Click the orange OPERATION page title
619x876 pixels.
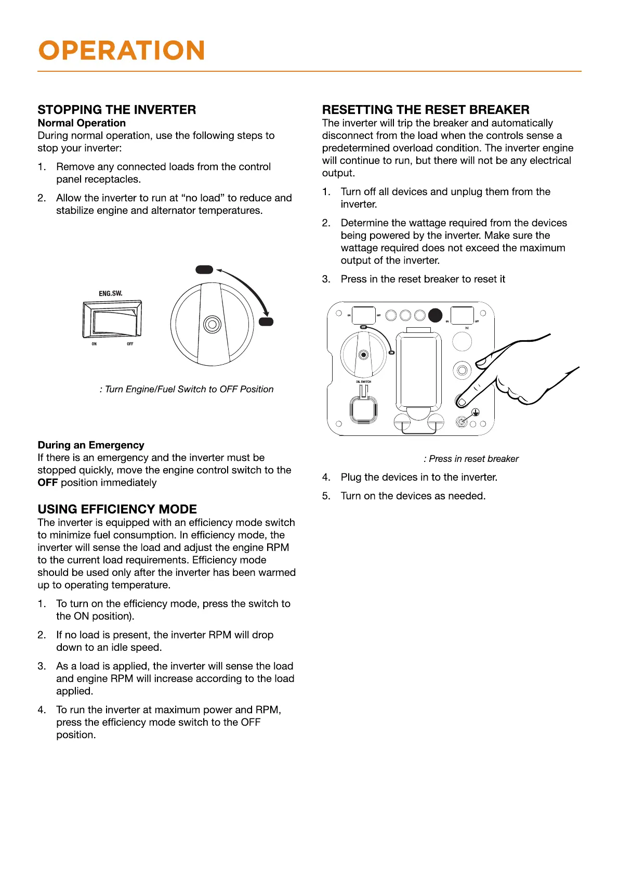coord(122,50)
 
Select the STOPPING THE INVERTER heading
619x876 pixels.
coord(116,110)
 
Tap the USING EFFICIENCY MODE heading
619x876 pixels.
coord(117,509)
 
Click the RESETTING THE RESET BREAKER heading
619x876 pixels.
coord(426,110)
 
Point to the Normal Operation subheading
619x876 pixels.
coord(82,123)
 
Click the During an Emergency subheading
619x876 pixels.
coord(91,445)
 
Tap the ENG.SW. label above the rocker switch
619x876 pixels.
coord(111,293)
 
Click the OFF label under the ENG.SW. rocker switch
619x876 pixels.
coord(130,344)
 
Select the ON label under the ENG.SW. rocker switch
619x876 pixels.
coord(94,344)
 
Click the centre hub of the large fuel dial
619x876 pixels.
coord(212,324)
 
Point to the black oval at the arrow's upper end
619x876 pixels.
coord(204,269)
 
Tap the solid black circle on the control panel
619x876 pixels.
coord(435,315)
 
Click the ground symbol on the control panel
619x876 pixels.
coord(475,413)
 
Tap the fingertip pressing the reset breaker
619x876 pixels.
coord(461,402)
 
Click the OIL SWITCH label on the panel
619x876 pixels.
coord(364,381)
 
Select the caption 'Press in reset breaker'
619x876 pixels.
coord(471,459)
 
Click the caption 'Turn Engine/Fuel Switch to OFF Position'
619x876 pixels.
coord(187,389)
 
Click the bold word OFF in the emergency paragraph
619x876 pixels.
coord(47,483)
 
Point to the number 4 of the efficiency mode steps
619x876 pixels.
coord(41,710)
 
